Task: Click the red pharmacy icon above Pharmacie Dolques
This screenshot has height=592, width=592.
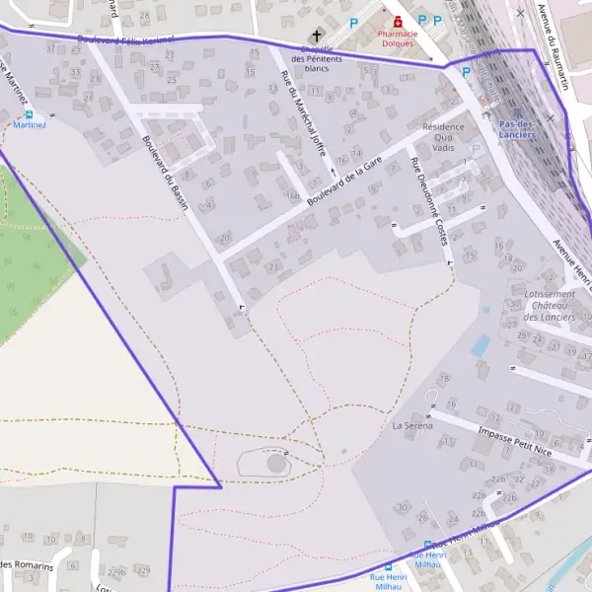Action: tap(398, 22)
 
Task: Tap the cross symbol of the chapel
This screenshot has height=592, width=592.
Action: tap(317, 37)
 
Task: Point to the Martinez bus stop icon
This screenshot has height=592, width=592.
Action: tap(29, 114)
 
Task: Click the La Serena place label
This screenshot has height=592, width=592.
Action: tap(412, 426)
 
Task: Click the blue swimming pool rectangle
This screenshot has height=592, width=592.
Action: tap(481, 346)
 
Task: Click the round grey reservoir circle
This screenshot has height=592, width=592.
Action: tap(275, 461)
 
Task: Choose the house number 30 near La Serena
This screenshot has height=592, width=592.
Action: tap(402, 506)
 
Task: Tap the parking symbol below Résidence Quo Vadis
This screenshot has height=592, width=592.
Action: tap(477, 150)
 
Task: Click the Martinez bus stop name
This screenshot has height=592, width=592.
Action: tap(29, 125)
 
